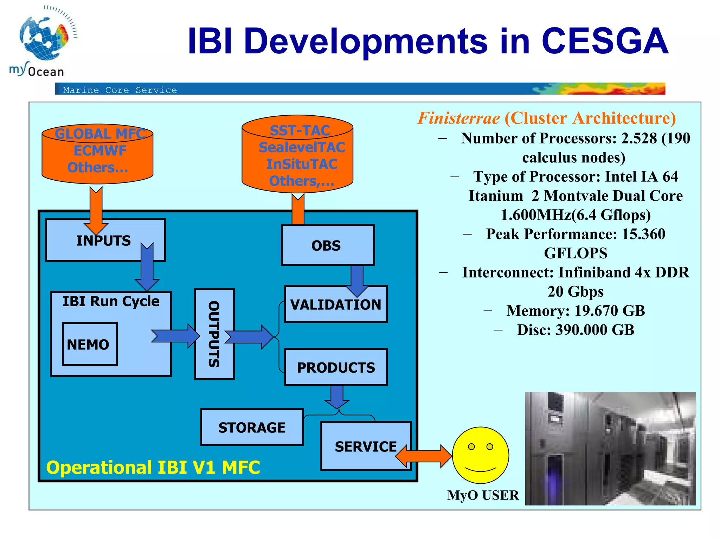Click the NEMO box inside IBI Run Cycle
90,344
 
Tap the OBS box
327,245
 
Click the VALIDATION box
335,304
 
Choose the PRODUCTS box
335,367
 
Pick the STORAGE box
252,427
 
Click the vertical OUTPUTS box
214,334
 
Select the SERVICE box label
365,446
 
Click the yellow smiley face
480,455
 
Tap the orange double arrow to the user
424,456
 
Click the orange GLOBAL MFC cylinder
97,154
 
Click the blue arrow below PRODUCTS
337,397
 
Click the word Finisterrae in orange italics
458,118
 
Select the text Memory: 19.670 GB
575,311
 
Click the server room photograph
610,449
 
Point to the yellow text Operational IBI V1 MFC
153,468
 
